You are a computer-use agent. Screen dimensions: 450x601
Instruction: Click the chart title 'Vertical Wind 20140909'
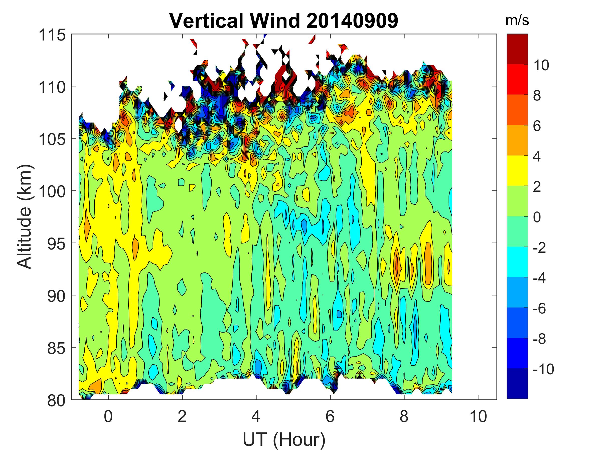[284, 20]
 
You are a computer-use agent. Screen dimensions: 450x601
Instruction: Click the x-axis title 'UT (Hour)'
[284, 439]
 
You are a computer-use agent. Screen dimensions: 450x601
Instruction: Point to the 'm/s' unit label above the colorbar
[517, 20]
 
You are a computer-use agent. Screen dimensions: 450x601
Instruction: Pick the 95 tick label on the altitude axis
[56, 243]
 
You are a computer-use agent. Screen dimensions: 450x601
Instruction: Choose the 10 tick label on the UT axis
[478, 416]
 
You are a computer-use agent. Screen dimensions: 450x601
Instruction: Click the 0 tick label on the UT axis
[108, 416]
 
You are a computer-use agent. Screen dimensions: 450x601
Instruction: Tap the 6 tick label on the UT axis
[330, 416]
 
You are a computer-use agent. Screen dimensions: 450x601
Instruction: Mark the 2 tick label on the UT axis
[182, 416]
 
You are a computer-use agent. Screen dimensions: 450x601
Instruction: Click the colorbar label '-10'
[543, 369]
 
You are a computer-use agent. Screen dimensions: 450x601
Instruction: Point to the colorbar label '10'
[541, 65]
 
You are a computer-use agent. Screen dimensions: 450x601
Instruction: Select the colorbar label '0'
[537, 217]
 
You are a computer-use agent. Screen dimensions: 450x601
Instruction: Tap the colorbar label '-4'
[539, 278]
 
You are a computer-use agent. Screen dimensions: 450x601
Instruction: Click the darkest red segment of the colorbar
[517, 49]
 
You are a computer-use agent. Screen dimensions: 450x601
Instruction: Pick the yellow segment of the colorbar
[517, 170]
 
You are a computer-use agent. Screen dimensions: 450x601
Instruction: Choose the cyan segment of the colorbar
[517, 262]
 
